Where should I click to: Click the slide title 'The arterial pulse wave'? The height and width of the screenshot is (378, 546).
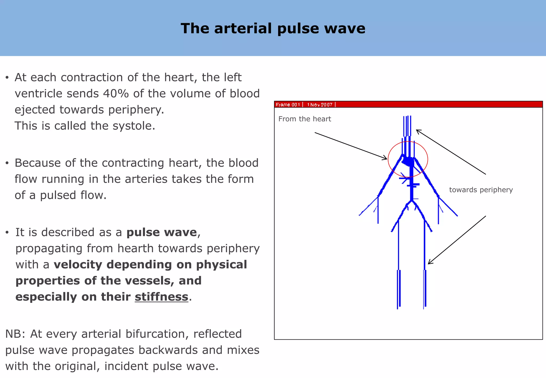[x=273, y=28]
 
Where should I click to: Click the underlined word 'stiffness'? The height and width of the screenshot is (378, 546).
[x=162, y=297]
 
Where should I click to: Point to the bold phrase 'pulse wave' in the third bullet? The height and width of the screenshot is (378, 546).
[x=162, y=232]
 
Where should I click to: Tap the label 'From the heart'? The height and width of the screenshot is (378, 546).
[x=304, y=119]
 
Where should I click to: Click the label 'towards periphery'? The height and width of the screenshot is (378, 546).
[x=481, y=190]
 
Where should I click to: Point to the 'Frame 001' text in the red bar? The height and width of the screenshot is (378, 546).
[x=288, y=105]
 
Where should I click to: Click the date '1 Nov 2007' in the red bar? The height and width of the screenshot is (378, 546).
[x=320, y=105]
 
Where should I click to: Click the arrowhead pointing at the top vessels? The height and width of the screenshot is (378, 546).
[x=417, y=130]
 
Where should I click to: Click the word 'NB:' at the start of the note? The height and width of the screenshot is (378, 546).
[x=15, y=334]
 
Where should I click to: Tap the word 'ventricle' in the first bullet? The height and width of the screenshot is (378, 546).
[x=38, y=94]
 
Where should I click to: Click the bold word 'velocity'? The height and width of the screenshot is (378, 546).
[x=78, y=264]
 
